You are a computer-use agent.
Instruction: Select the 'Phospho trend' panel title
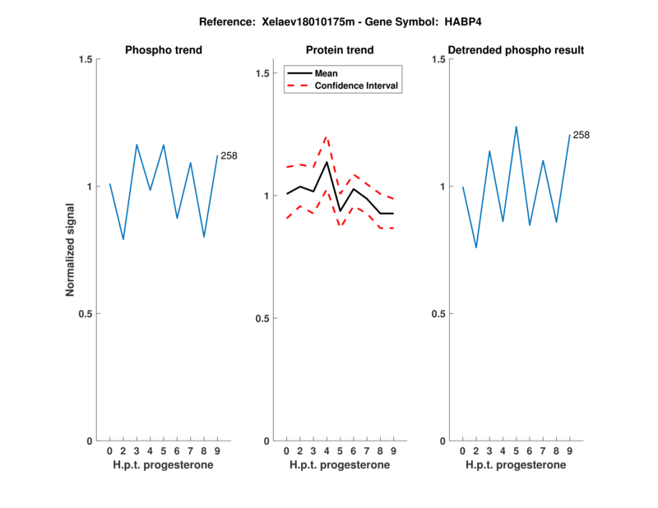163,50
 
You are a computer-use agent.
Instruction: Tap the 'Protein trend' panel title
340,50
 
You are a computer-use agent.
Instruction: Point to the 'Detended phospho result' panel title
516,50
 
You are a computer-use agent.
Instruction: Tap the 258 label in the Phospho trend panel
229,155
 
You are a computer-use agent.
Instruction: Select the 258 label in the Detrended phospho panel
582,135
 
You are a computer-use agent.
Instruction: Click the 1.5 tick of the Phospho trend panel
85,59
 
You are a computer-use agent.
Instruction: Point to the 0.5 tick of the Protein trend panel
261,318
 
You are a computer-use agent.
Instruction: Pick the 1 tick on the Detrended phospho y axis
440,187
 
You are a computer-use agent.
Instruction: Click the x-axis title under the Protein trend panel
340,465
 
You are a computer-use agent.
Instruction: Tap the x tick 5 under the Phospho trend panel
164,450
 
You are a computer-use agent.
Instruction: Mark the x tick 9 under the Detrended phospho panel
570,450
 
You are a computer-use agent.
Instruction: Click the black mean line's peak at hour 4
327,162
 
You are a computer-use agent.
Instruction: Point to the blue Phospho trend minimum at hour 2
123,239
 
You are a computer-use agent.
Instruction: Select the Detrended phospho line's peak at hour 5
517,127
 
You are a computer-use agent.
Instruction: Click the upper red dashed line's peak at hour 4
327,136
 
